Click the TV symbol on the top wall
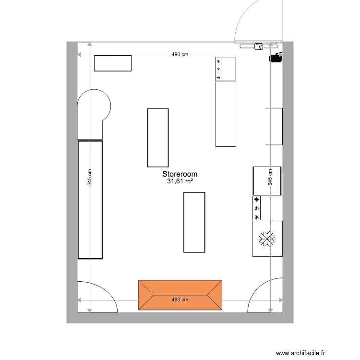pos(259,47)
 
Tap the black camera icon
pos(276,58)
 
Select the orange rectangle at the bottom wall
pos(180,295)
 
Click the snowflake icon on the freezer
pos(266,239)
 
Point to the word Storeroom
pos(180,174)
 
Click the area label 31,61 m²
pos(180,181)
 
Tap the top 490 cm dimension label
pos(180,55)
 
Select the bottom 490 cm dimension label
pos(180,300)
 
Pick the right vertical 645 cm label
pos(270,178)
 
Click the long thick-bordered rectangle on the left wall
pos(90,200)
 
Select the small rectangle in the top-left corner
pos(113,63)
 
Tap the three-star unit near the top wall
pos(226,69)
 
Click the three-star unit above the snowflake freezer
pos(267,208)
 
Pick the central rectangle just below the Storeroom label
pos(194,222)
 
